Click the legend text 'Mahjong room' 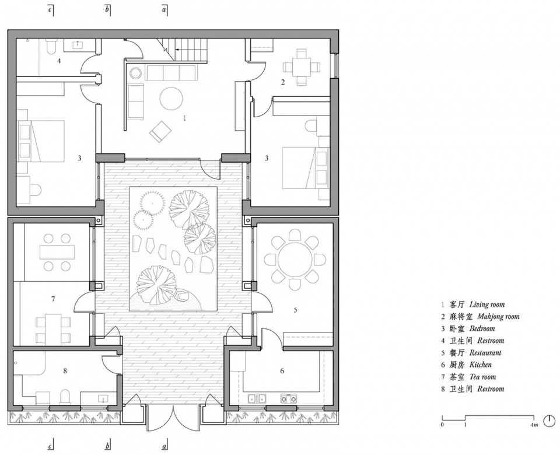click(x=498, y=316)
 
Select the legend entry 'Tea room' click(x=483, y=377)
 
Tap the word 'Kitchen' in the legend click(x=480, y=365)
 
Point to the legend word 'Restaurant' click(x=485, y=353)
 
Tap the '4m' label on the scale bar click(x=534, y=425)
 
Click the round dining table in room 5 click(x=295, y=259)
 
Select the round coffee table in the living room click(x=171, y=99)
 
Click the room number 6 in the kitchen click(x=282, y=371)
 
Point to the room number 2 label click(x=283, y=82)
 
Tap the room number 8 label click(x=65, y=371)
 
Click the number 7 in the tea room click(x=53, y=299)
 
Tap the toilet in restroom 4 click(x=50, y=47)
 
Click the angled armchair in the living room click(x=160, y=131)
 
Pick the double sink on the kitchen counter click(x=257, y=397)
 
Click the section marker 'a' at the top click(x=164, y=10)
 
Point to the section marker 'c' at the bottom click(x=50, y=446)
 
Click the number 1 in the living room click(x=185, y=118)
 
